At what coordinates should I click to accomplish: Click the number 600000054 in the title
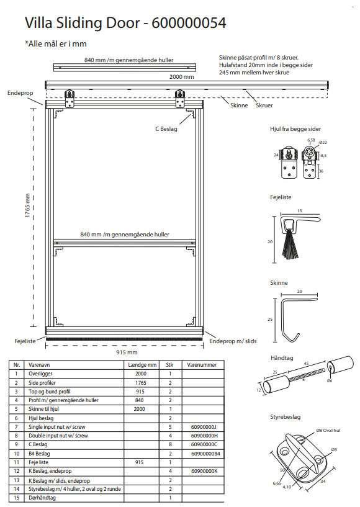(189, 22)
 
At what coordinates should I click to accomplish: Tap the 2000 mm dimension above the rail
(182, 76)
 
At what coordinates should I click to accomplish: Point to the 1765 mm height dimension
(27, 205)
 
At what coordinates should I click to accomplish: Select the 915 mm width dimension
(127, 352)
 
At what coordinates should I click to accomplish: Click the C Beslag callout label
(166, 129)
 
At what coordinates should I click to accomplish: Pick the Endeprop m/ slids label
(233, 341)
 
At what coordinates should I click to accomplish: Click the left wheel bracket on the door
(70, 99)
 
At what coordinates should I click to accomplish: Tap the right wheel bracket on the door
(180, 99)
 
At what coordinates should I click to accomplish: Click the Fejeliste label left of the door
(25, 341)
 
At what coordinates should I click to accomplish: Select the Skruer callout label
(264, 105)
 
